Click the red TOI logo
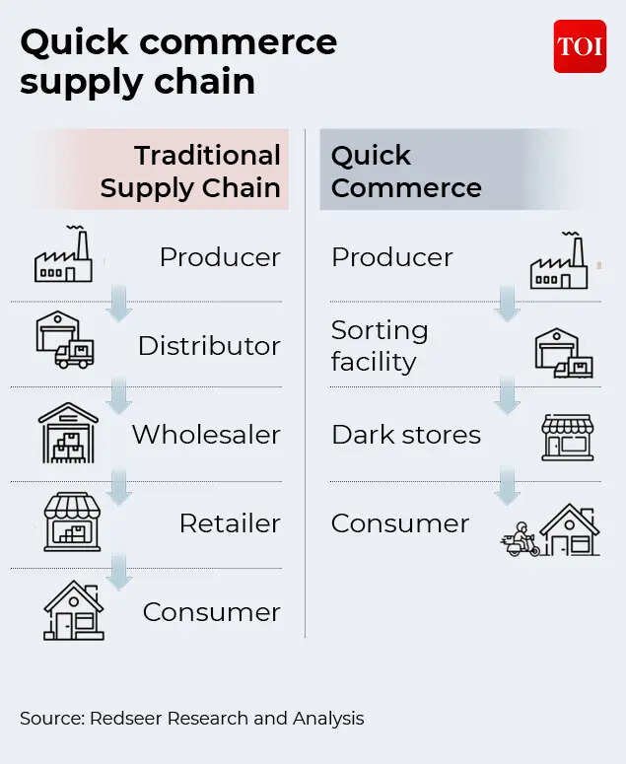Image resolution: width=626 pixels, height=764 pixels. coord(580,46)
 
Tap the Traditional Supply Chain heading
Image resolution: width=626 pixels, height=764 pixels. coord(190,172)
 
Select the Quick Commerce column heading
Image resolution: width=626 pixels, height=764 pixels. coord(406,172)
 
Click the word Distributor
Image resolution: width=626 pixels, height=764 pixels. coord(209,346)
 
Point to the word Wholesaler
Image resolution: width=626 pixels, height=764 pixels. coord(206,435)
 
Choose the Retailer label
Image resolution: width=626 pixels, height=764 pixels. coord(230,523)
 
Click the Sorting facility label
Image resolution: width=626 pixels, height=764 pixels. coord(380,346)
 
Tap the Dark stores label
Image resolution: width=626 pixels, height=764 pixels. coord(406,435)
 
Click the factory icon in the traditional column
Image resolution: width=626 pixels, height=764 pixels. coord(63,254)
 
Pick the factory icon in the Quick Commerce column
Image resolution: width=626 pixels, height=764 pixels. coord(559,260)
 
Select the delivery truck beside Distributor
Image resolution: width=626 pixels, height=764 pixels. coord(75,354)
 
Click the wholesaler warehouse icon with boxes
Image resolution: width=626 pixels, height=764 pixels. coord(68,433)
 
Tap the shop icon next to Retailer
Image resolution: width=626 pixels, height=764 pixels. coord(72,521)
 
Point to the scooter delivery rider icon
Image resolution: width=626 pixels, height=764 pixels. coord(521,540)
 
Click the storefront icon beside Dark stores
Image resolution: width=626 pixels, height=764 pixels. coord(568,438)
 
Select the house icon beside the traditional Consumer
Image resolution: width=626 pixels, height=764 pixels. coord(74,610)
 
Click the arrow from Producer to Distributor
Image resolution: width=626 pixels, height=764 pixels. coord(119,303)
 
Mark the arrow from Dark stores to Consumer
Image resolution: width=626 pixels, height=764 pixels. coord(507,485)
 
